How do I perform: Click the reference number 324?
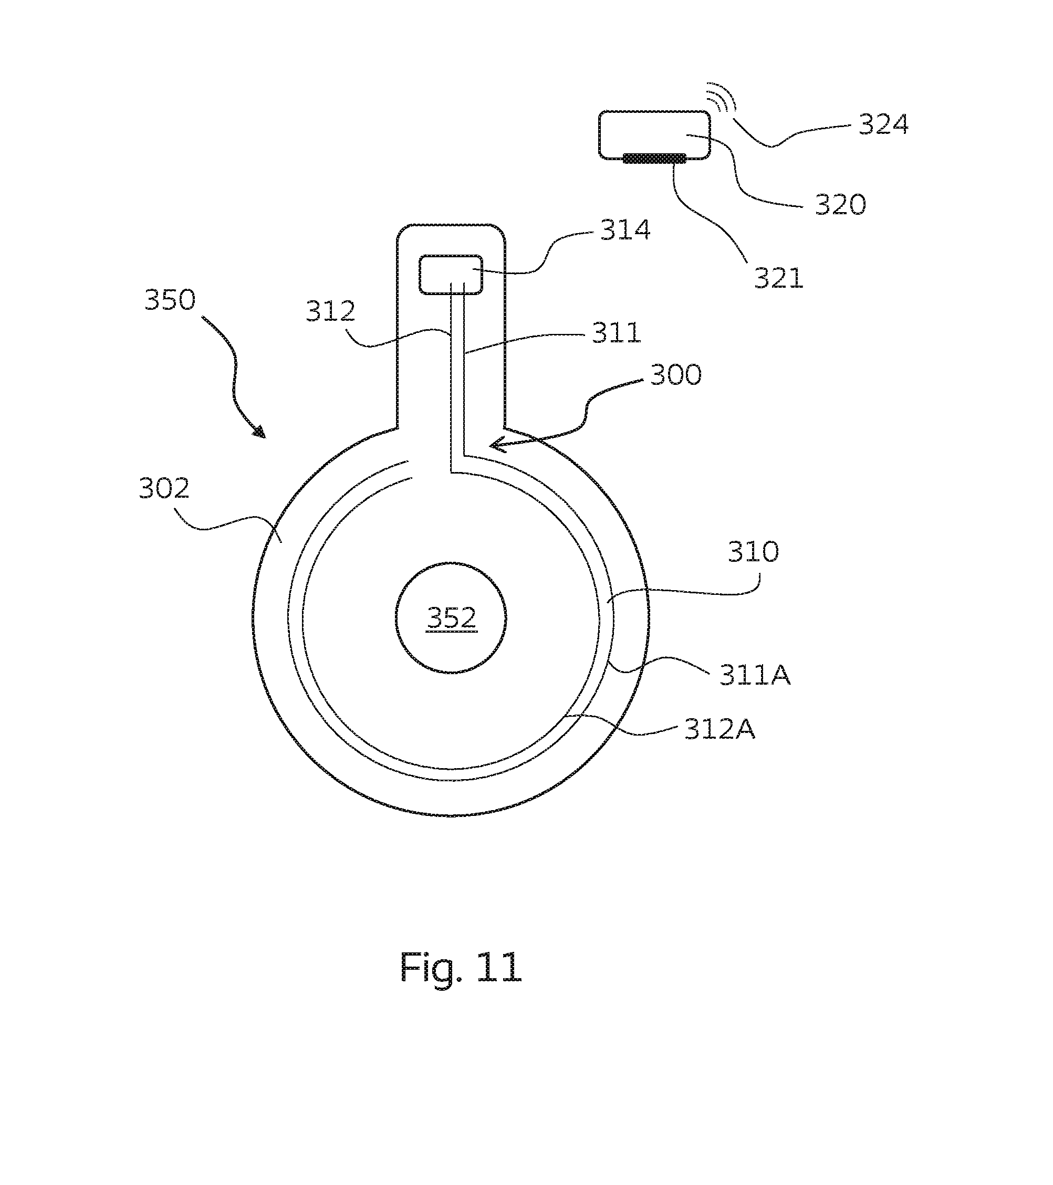click(883, 124)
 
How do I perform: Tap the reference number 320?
click(840, 205)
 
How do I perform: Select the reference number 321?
click(779, 278)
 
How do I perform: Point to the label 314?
click(625, 230)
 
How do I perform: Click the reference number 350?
click(170, 300)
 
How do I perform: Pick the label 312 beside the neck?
click(330, 312)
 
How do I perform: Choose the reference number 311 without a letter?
click(617, 333)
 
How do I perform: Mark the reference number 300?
click(676, 375)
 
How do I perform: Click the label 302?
click(164, 489)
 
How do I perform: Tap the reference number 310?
click(753, 552)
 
